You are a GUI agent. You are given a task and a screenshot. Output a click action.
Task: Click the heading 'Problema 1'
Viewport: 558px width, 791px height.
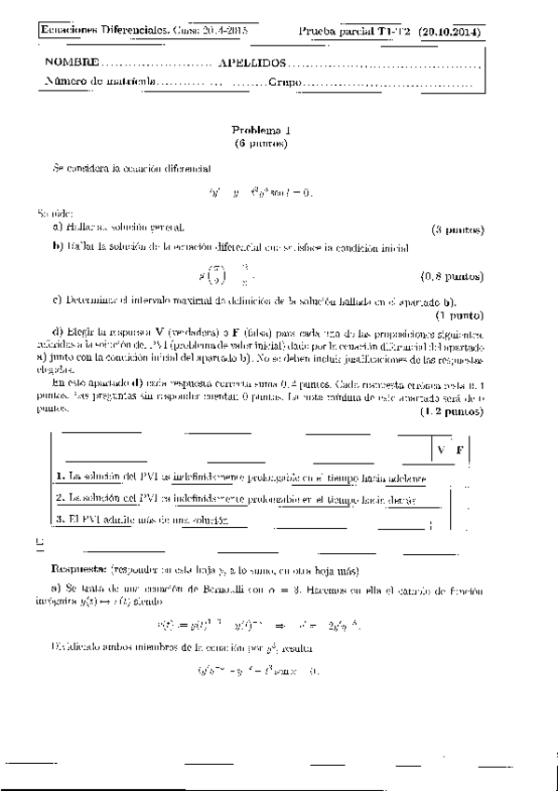pyautogui.click(x=261, y=132)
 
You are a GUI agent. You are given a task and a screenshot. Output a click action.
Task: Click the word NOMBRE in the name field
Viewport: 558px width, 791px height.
pyautogui.click(x=70, y=64)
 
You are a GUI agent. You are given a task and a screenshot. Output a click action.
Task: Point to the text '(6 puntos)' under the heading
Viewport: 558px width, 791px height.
pyautogui.click(x=261, y=145)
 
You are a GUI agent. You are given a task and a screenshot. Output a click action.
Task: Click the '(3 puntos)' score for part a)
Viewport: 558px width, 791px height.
pyautogui.click(x=457, y=229)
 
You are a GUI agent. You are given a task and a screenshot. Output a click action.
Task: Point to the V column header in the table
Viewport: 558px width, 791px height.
pyautogui.click(x=439, y=451)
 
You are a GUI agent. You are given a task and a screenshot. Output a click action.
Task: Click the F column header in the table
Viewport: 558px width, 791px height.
pyautogui.click(x=459, y=451)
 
